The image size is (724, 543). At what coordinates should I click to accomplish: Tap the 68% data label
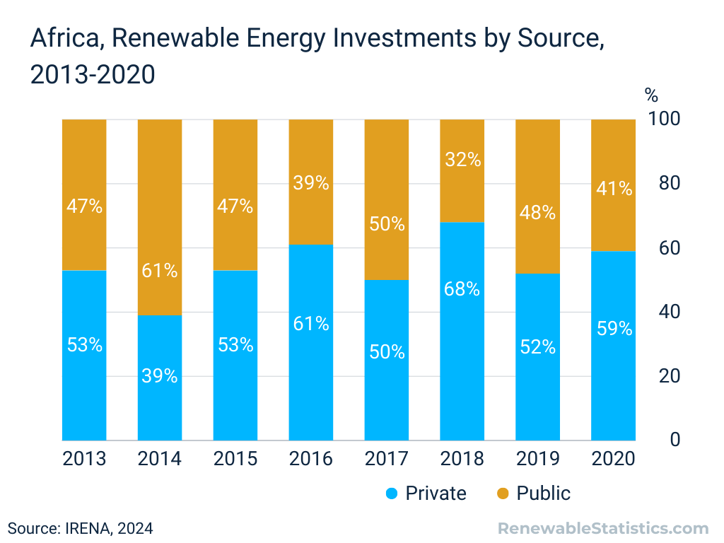462,289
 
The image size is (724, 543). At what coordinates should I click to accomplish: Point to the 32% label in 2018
463,160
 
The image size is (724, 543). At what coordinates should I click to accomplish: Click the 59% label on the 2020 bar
614,328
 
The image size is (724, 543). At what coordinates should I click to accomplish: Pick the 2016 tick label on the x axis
310,459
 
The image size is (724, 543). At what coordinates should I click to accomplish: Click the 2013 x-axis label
84,459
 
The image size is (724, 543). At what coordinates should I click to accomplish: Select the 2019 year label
537,459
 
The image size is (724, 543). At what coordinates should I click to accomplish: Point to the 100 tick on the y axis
664,119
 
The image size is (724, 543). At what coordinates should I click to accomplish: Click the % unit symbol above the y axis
651,94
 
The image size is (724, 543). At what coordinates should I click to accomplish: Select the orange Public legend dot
503,494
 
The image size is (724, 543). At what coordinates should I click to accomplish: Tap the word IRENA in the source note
87,528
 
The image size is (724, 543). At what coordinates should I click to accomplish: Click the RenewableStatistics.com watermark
603,528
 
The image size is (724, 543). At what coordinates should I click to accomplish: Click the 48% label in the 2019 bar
538,212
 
